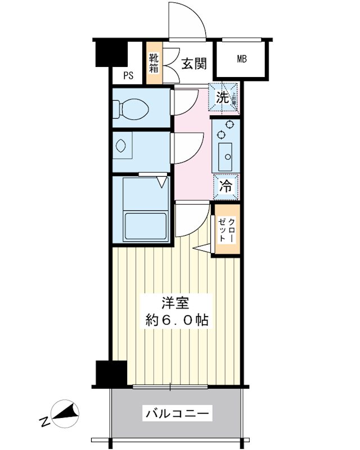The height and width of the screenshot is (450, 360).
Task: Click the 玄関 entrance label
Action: coord(193,64)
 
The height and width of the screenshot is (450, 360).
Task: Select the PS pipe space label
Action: coord(129,76)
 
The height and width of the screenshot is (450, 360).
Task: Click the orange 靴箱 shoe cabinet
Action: coord(154,64)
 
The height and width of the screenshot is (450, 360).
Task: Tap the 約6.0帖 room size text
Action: coord(175,321)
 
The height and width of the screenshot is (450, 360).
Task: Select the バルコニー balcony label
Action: coord(178,415)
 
